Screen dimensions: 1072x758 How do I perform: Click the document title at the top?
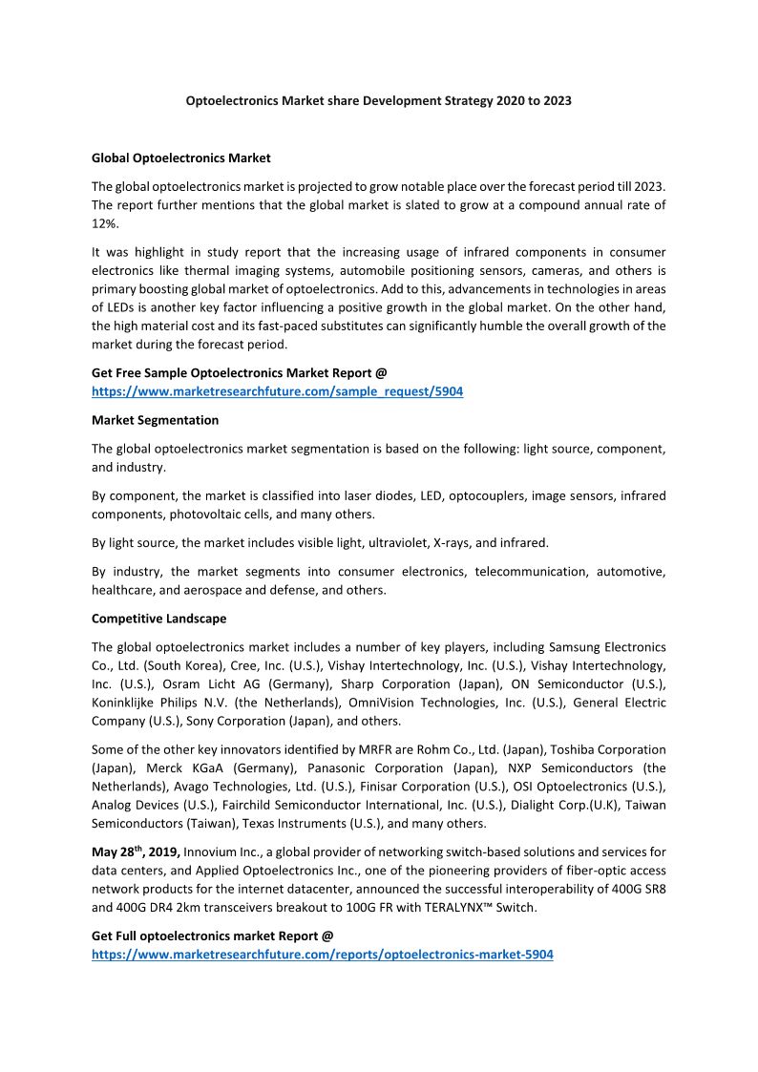tap(378, 100)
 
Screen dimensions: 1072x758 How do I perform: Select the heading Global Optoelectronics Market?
tap(180, 158)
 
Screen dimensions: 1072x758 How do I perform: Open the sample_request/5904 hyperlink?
tap(277, 391)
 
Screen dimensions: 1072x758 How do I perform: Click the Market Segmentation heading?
tap(155, 420)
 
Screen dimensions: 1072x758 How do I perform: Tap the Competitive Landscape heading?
tap(158, 619)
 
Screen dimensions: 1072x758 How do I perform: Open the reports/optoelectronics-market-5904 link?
tap(322, 954)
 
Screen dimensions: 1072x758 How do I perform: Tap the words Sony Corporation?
tap(236, 721)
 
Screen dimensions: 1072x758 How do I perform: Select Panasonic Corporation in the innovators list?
tap(323, 767)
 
